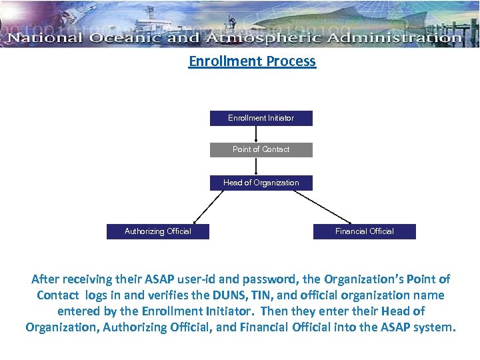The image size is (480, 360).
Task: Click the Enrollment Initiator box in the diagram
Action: coord(261,118)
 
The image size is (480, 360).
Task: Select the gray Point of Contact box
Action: coord(261,149)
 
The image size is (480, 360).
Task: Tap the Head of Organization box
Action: coord(261,183)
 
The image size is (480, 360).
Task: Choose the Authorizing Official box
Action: coord(157,231)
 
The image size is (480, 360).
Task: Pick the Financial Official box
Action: coord(364,231)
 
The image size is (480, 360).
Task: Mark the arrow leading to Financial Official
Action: coord(322,207)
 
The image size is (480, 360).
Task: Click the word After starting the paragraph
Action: coord(46,279)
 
